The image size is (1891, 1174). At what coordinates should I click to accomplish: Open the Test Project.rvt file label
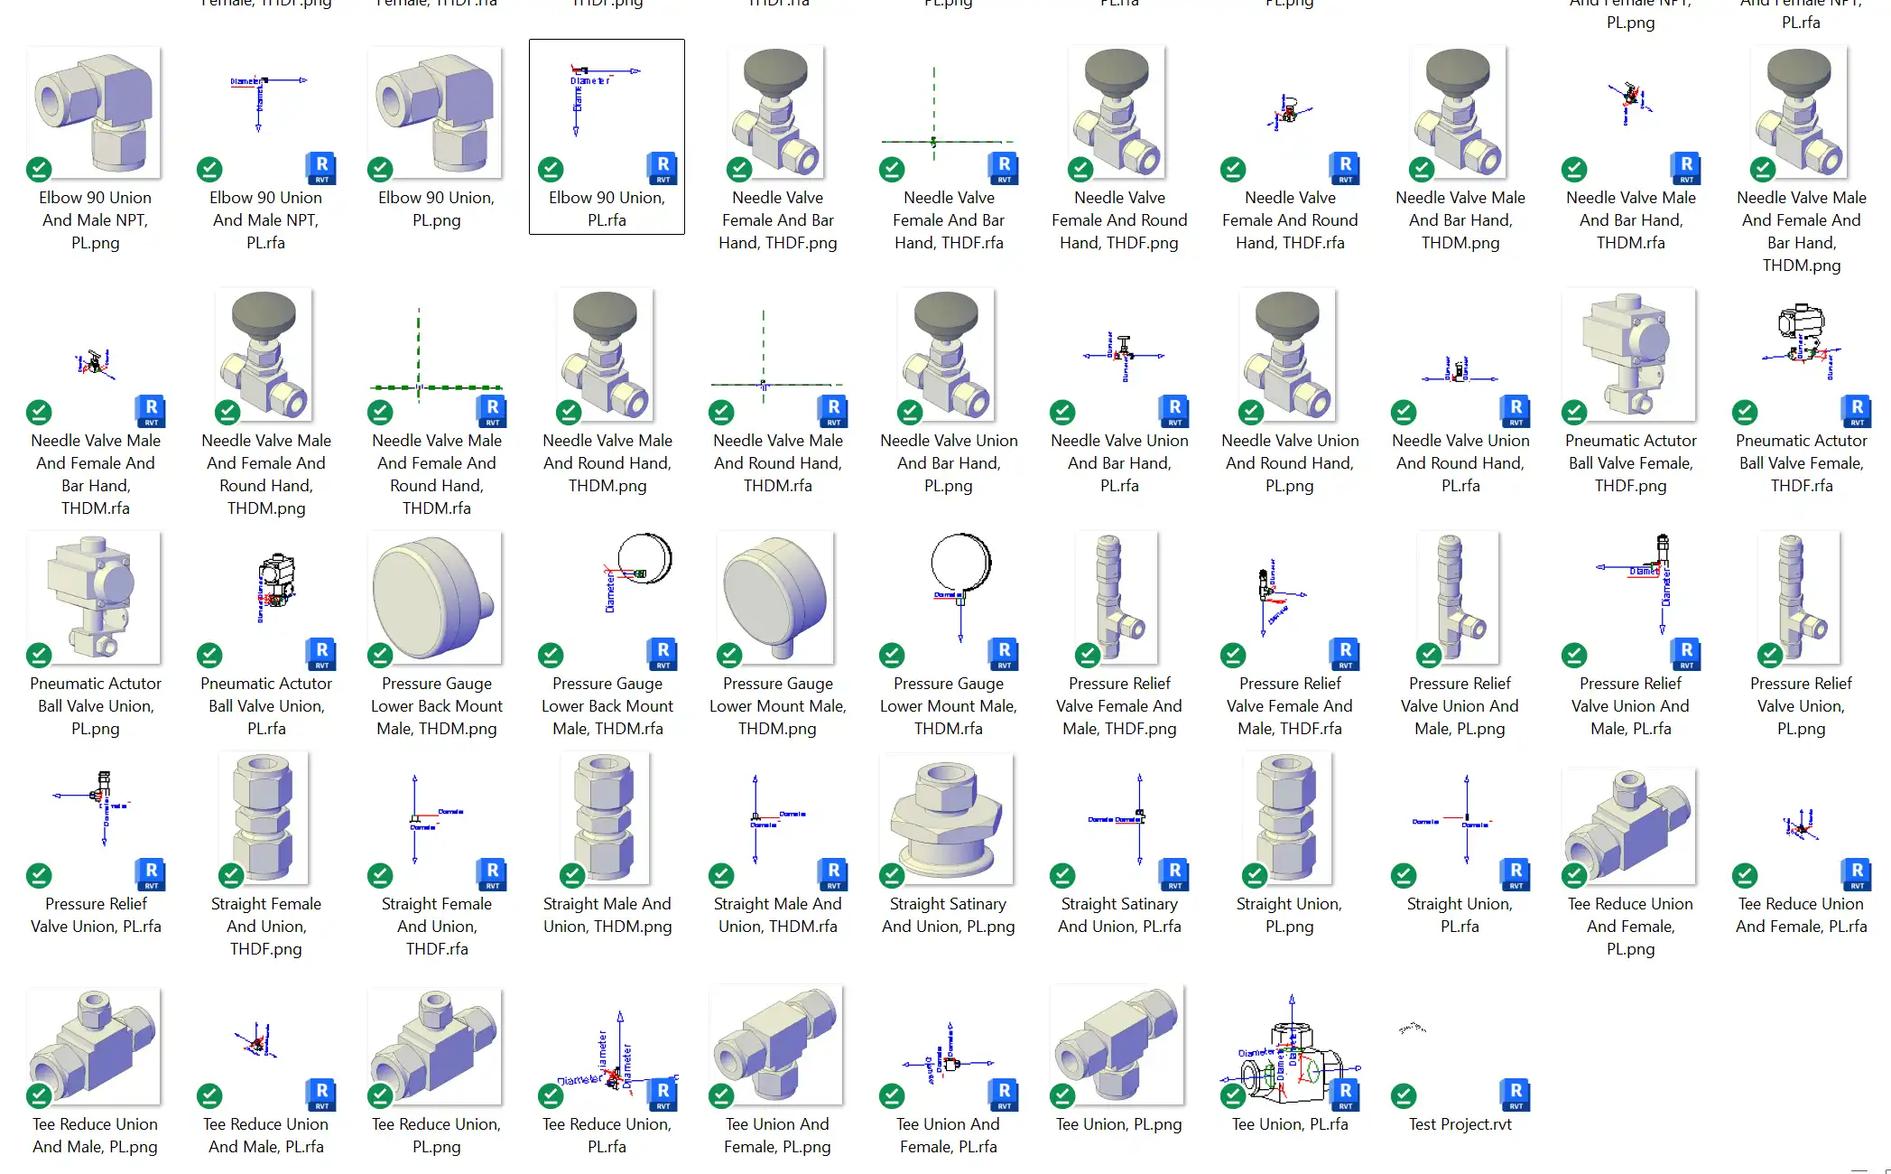1460,1124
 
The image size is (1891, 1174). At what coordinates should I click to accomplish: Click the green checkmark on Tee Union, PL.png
1062,1096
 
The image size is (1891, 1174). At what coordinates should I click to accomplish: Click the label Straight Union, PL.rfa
1460,915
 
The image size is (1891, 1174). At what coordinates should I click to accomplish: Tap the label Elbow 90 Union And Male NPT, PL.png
95,220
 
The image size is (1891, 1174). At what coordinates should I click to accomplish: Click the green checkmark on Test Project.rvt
1404,1096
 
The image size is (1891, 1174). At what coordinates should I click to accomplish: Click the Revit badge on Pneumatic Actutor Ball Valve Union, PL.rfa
321,653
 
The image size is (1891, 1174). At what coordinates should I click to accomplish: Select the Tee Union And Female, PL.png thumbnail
777,1048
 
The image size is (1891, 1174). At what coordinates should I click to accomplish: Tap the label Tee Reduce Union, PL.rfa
607,1135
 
